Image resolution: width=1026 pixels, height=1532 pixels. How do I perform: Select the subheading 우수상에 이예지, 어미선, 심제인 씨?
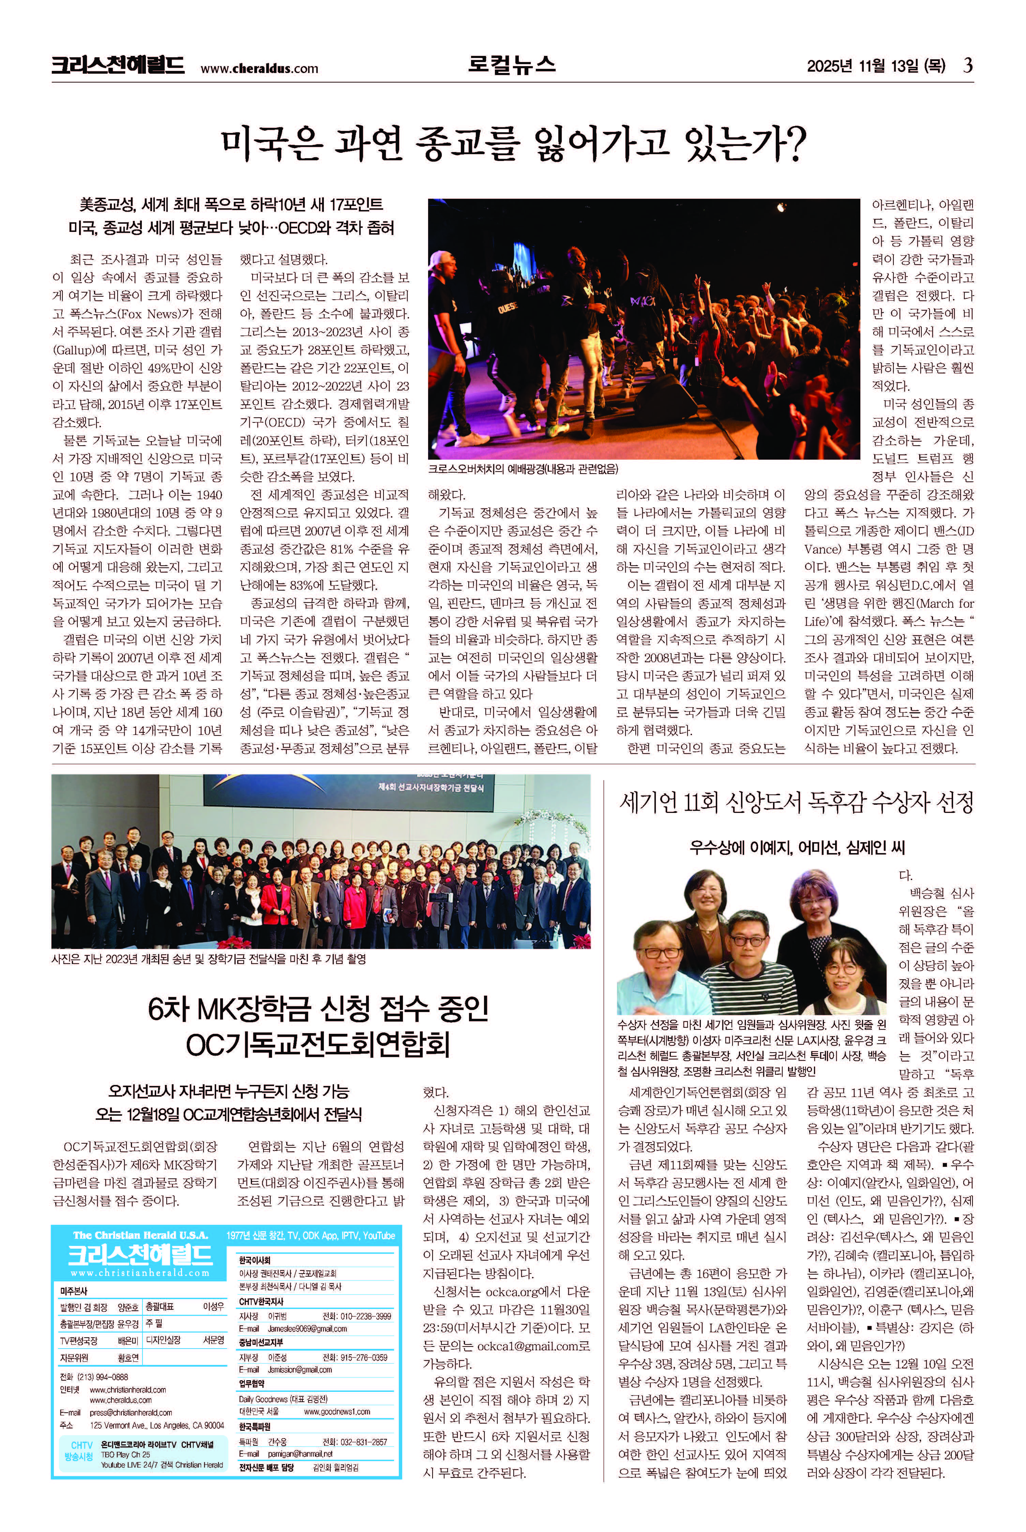click(796, 847)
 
